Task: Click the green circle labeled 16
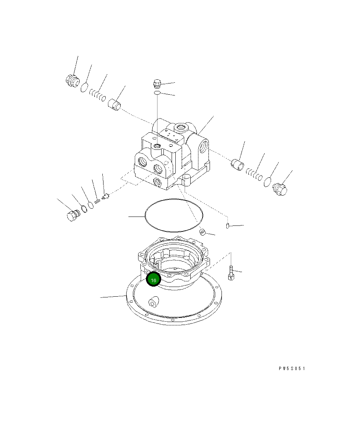[153, 280]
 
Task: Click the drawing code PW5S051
[291, 369]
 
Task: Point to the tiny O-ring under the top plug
[157, 92]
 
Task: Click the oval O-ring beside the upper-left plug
[85, 88]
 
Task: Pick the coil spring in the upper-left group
[98, 96]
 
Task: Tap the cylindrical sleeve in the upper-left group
[115, 104]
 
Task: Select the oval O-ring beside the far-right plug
[267, 182]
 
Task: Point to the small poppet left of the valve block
[104, 196]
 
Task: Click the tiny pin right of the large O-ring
[227, 226]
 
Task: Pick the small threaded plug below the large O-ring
[203, 232]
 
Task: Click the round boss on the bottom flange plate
[153, 302]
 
